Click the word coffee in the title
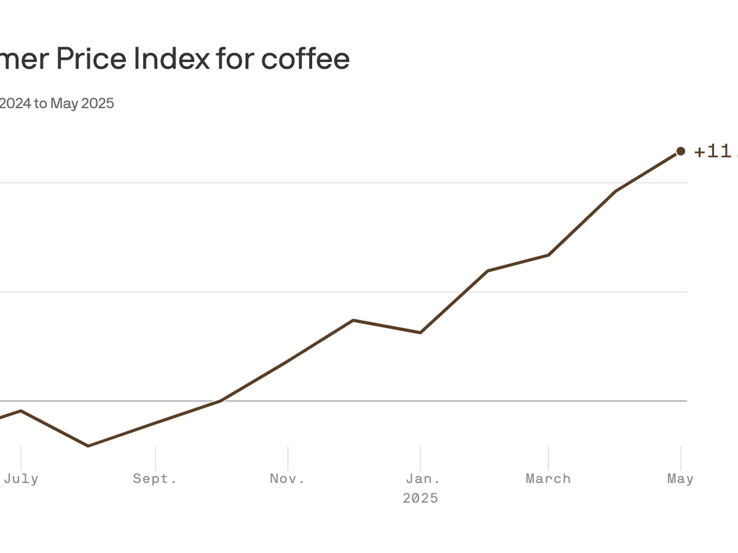point(305,59)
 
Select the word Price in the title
point(91,59)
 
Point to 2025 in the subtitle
point(98,103)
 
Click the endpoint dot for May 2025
point(681,151)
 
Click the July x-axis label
point(21,478)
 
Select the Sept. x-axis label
point(155,478)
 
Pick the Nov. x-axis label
point(287,478)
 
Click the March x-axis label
point(548,478)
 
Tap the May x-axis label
point(680,478)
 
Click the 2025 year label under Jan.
point(420,498)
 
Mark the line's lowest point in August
point(88,446)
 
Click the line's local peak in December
point(353,320)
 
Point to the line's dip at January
point(420,333)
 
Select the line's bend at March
point(549,255)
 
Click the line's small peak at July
point(21,410)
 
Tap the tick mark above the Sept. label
point(155,458)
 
